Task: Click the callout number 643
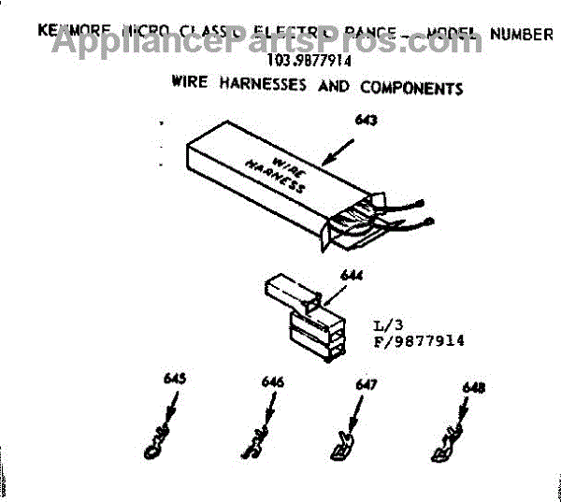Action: [359, 120]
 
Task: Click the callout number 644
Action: [325, 275]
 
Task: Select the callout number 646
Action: [273, 382]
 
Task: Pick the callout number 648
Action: [473, 387]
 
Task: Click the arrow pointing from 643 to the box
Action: [331, 151]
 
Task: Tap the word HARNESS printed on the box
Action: [277, 175]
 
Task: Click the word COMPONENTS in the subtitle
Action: [409, 88]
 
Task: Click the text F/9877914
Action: [419, 341]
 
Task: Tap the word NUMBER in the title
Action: [520, 35]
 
